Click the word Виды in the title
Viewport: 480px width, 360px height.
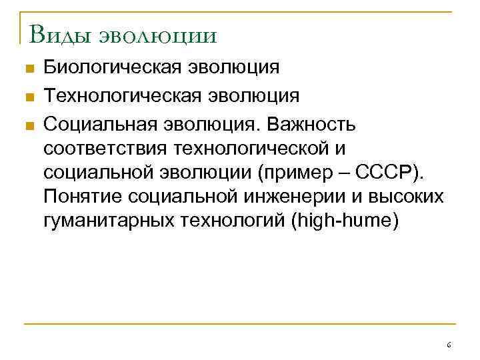[x=57, y=33]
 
